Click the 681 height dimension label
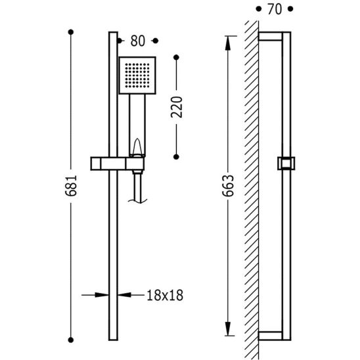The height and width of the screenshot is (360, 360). click(x=71, y=185)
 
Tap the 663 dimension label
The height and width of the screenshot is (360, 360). click(x=228, y=186)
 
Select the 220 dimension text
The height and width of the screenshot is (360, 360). click(x=176, y=107)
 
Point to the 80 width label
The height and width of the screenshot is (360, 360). click(x=138, y=41)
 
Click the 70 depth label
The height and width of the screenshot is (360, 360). click(x=275, y=9)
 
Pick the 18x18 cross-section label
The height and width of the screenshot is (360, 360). click(x=165, y=295)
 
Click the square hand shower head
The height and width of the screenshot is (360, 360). click(x=137, y=76)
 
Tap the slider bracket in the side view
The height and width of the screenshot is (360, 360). click(x=286, y=164)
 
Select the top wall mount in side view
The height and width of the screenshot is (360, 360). click(x=270, y=37)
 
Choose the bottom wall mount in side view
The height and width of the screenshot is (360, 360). click(x=270, y=336)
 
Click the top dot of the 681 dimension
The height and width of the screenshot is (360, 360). click(x=71, y=32)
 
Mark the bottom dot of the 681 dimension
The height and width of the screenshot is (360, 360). click(x=71, y=340)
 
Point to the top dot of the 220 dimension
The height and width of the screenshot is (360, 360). click(x=176, y=57)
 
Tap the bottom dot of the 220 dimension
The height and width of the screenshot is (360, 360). click(x=176, y=157)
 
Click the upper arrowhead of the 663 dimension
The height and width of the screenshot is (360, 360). click(x=228, y=43)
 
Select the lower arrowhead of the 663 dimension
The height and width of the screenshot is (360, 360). click(x=228, y=328)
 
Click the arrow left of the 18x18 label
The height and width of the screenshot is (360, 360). click(x=95, y=295)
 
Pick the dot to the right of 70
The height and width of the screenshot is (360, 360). click(x=290, y=9)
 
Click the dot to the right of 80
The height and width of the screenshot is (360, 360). click(x=156, y=41)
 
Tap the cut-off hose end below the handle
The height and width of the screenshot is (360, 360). click(x=137, y=201)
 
